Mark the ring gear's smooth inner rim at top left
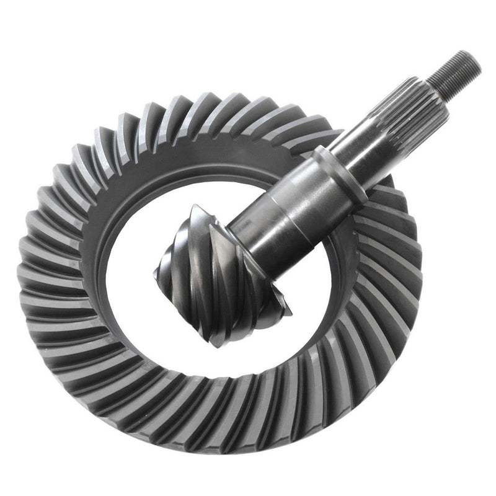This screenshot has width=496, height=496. tap(124, 186)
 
